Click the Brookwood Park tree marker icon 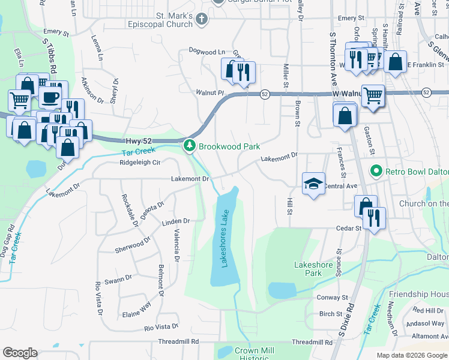point(190,146)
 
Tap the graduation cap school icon point(313,185)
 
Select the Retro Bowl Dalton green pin point(376,171)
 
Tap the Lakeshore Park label point(309,268)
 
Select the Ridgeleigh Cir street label point(140,162)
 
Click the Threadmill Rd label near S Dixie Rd point(312,342)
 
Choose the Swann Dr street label point(118,278)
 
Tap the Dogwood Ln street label point(207,52)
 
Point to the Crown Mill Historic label point(255,354)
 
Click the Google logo point(20,353)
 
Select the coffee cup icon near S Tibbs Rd point(50,95)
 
